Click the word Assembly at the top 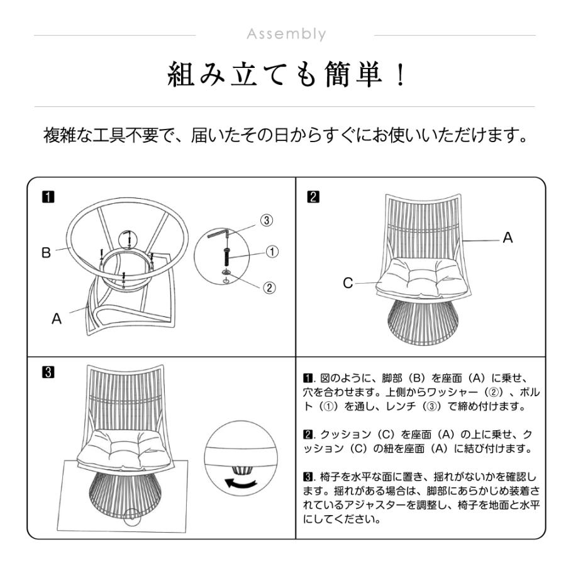pos(286,35)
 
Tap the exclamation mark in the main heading pos(400,75)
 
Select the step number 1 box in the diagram pos(48,197)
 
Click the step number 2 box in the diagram pos(313,197)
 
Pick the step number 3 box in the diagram pos(48,372)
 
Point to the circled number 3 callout pos(267,220)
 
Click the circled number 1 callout pos(272,252)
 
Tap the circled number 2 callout pos(269,287)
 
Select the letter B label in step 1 pos(46,253)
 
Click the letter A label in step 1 pos(57,319)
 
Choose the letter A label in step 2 pos(508,238)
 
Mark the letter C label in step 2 pos(348,283)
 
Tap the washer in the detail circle pos(226,272)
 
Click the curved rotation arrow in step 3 pos(241,482)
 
